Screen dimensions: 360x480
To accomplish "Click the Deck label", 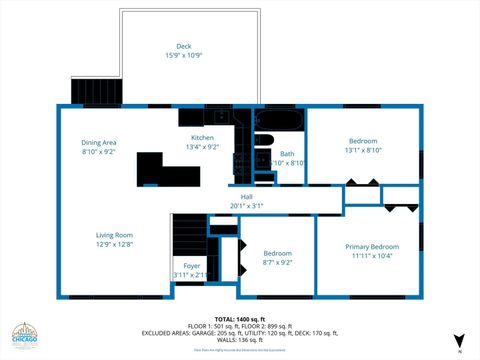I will tap(184, 46).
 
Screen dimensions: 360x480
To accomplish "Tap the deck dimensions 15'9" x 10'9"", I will tap(184, 55).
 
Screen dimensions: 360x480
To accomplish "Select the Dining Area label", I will tap(99, 142).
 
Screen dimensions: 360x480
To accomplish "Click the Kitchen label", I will tap(203, 137).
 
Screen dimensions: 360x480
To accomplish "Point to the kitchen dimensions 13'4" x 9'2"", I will tap(203, 147).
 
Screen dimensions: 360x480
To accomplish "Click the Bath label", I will tap(287, 154).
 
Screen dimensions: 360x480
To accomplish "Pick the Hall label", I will tap(246, 196).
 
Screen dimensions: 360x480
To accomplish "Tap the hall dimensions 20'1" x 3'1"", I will tap(246, 206).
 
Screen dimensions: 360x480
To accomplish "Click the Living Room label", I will tap(115, 234).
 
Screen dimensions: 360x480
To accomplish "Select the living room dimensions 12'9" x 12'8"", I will tap(115, 244).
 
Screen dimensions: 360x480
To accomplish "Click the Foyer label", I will tap(191, 265).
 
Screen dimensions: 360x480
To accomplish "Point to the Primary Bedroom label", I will tap(372, 246).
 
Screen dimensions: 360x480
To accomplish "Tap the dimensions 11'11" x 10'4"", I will tap(372, 256).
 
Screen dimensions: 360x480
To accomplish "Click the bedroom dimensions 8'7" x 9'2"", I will tap(277, 263).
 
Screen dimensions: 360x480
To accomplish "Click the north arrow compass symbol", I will tap(459, 340).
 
